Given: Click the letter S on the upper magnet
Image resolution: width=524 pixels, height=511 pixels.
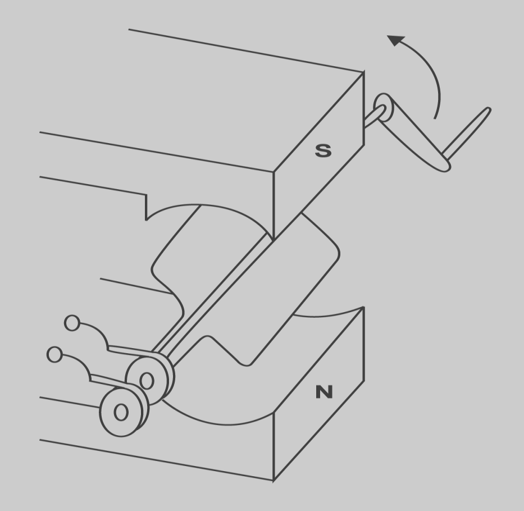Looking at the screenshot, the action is click(323, 150).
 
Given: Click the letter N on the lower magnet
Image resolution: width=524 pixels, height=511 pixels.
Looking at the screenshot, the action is click(324, 392).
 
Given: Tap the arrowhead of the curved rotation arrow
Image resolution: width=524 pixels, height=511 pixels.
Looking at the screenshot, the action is click(395, 40).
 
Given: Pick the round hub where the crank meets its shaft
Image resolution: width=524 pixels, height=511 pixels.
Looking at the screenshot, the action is click(383, 108).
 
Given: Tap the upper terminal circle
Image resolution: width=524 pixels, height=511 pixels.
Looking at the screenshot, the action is click(72, 323).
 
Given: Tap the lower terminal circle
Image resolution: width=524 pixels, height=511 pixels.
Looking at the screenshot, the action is click(54, 354).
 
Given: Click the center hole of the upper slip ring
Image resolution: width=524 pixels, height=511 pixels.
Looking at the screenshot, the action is click(147, 381).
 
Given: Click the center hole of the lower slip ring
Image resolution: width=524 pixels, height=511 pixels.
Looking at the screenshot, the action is click(121, 412).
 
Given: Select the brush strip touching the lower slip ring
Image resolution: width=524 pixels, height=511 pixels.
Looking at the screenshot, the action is click(112, 381).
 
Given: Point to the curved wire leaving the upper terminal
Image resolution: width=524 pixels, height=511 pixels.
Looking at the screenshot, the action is click(98, 330).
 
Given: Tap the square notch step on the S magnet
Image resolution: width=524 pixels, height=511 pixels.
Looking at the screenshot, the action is click(146, 207).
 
